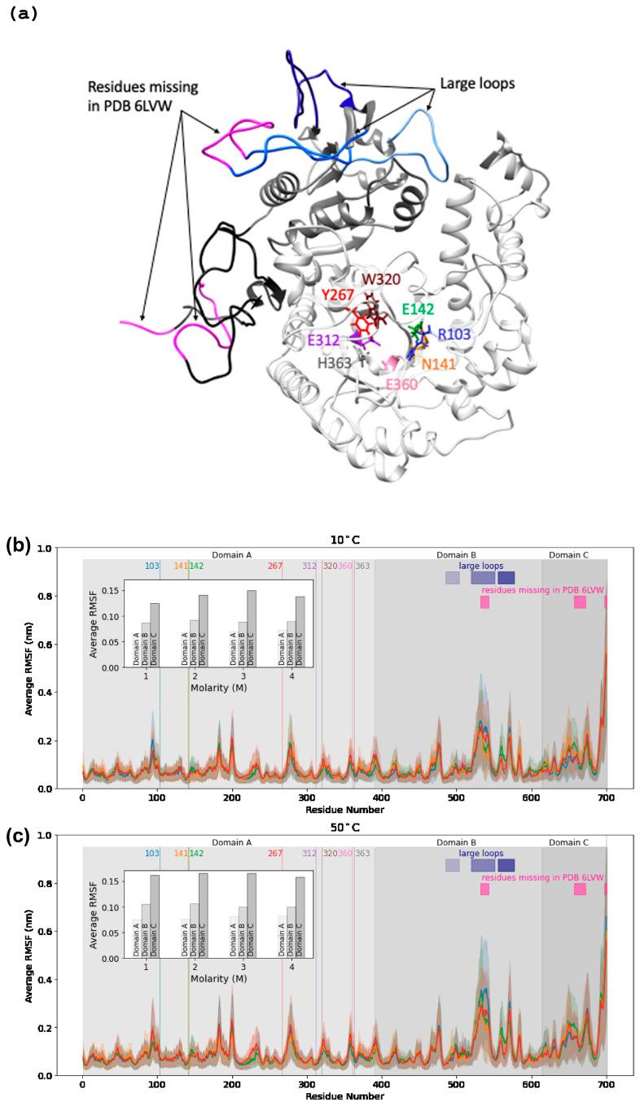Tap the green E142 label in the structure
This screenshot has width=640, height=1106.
[x=418, y=309]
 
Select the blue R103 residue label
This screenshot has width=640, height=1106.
[x=454, y=334]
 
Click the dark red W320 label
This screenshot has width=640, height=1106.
[x=380, y=278]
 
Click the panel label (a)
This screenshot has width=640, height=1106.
[x=24, y=14]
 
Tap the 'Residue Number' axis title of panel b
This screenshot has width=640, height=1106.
[x=344, y=811]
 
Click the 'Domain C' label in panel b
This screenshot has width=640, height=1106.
[x=568, y=555]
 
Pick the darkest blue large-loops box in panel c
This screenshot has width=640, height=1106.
[x=506, y=864]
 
